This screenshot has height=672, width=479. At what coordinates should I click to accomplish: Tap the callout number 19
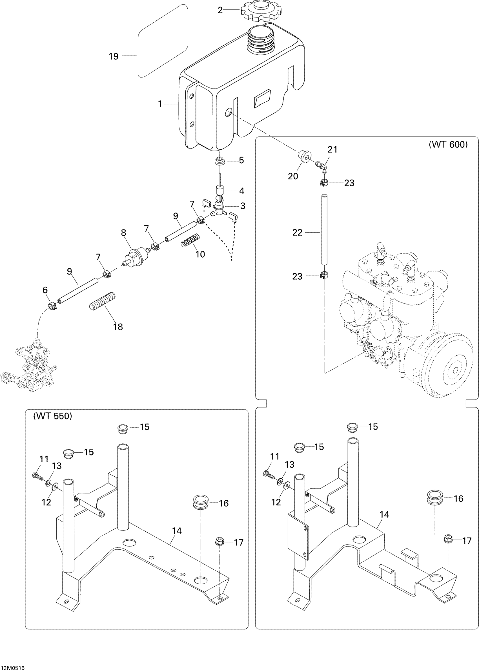click(x=114, y=56)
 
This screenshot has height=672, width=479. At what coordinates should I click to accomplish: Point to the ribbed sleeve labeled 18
click(x=102, y=301)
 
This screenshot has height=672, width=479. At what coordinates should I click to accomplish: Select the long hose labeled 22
click(x=324, y=230)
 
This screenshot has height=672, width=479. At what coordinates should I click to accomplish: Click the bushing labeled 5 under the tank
click(x=220, y=161)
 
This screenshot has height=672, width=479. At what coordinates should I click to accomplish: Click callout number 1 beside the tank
click(x=160, y=104)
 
